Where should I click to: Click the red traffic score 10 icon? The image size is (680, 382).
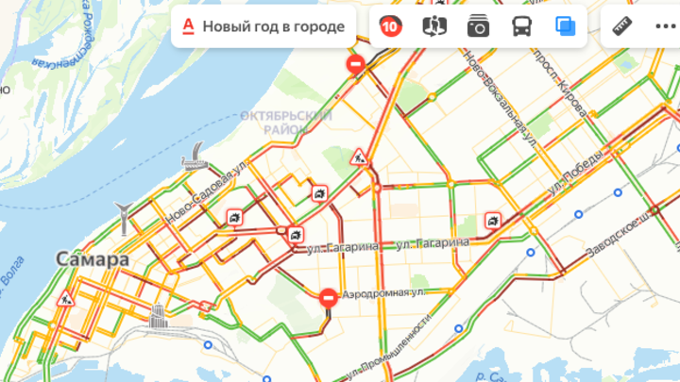tap(389, 26)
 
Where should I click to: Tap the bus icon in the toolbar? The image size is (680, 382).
tap(522, 26)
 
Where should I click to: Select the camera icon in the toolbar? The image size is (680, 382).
tap(478, 26)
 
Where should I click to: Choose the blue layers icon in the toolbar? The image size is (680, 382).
tap(566, 26)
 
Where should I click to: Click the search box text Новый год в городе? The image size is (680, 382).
tap(273, 26)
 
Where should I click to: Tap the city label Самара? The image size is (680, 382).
tap(92, 258)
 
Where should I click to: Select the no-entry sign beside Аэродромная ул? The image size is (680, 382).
tap(328, 298)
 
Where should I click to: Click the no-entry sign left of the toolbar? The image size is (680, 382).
tap(356, 64)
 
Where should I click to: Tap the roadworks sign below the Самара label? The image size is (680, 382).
tap(65, 299)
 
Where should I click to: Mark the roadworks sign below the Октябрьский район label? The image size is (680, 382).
tap(359, 157)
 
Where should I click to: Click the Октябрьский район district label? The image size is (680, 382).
tap(286, 122)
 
